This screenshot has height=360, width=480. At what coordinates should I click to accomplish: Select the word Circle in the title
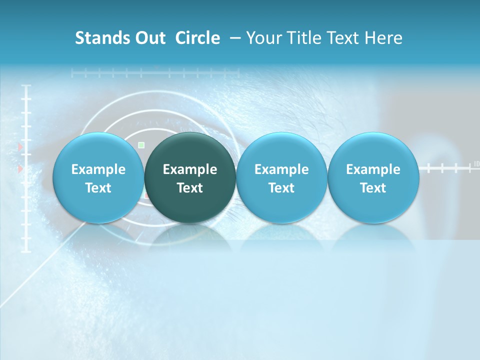tap(197, 38)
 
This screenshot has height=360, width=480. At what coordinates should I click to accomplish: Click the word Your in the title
tap(263, 38)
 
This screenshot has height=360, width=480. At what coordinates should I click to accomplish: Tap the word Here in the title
tap(384, 38)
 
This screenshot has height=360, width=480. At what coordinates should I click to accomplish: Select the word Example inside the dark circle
tap(190, 169)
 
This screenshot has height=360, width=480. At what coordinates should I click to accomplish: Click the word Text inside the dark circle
tap(190, 188)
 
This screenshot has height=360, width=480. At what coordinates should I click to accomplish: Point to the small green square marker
tap(141, 145)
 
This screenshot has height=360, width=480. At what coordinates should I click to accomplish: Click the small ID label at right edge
tap(476, 164)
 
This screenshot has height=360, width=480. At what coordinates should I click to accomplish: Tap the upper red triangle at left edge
tap(20, 146)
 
